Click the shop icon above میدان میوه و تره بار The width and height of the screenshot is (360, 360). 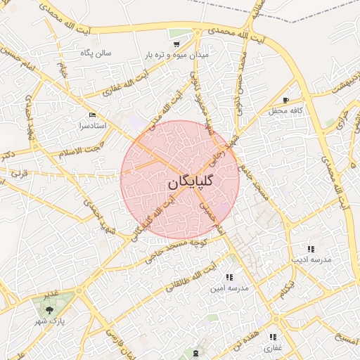(176, 43)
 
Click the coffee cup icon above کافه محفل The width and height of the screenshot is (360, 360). (285, 100)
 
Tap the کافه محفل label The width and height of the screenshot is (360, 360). (284, 111)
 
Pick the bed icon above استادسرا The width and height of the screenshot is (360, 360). (93, 115)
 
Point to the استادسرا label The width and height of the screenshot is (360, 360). (94, 125)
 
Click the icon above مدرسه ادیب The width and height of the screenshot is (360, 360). (310, 249)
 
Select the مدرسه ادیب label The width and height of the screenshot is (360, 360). (311, 260)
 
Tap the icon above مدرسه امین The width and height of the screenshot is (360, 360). (229, 277)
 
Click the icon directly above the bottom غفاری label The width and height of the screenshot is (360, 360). (272, 337)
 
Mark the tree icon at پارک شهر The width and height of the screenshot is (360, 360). (49, 309)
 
